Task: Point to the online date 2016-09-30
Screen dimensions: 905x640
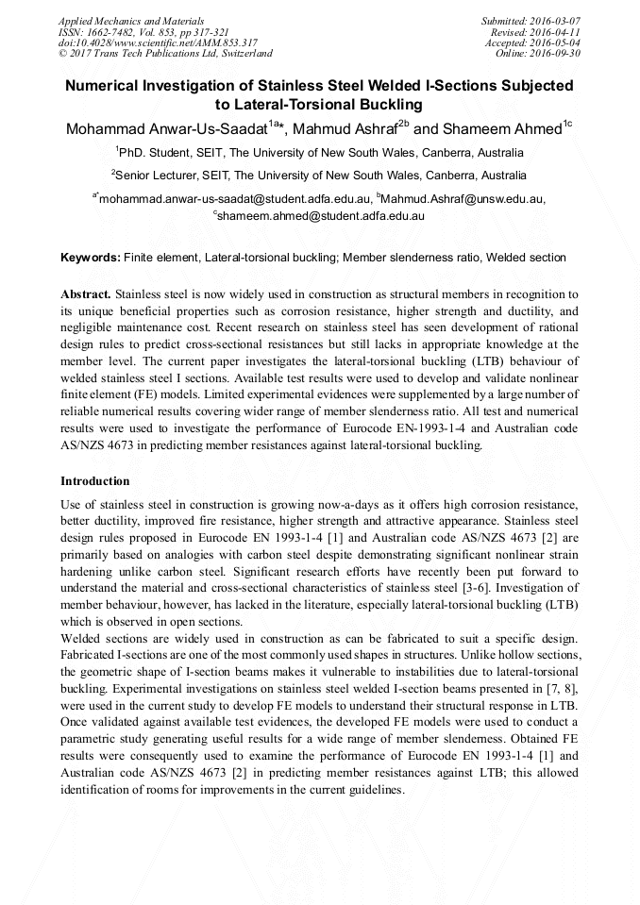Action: tap(559, 54)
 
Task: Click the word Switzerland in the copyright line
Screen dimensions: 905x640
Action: tap(243, 54)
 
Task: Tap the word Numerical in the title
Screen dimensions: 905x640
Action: tap(105, 86)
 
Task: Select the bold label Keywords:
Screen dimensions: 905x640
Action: tap(91, 258)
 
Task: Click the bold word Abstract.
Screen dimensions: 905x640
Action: tap(86, 294)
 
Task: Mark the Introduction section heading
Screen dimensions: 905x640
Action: tap(94, 481)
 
